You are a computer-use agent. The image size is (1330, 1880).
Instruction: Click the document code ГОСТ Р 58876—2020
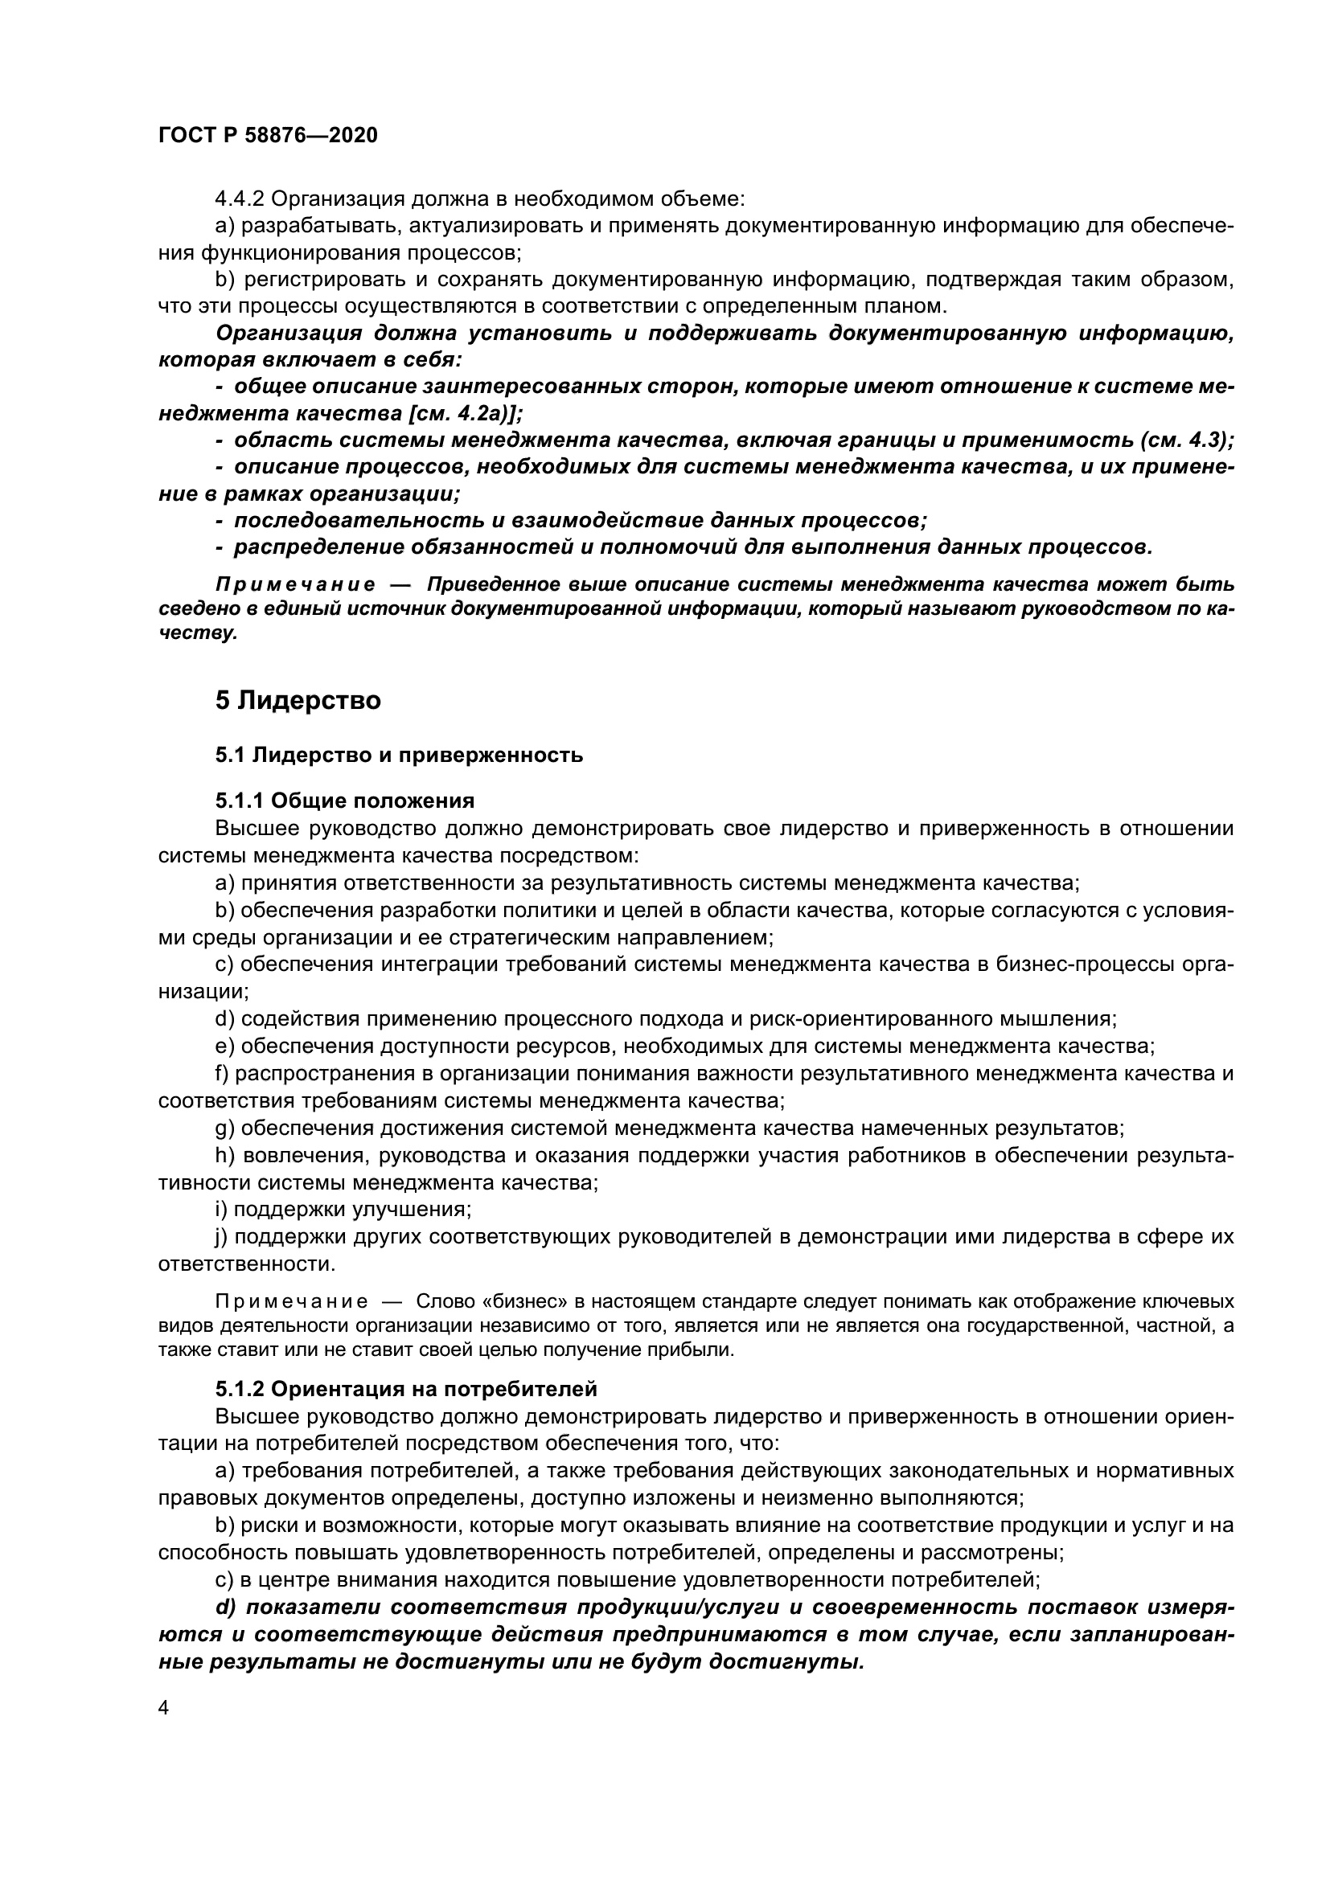(x=268, y=136)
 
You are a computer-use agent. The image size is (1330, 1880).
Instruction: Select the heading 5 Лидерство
(x=298, y=701)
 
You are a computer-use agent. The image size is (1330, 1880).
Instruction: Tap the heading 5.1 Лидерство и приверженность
(x=399, y=755)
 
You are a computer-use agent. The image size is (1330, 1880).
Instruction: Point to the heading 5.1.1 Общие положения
(x=345, y=800)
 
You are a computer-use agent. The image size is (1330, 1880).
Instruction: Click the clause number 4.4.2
(x=239, y=199)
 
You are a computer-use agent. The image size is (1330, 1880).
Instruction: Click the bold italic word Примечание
(x=296, y=584)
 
